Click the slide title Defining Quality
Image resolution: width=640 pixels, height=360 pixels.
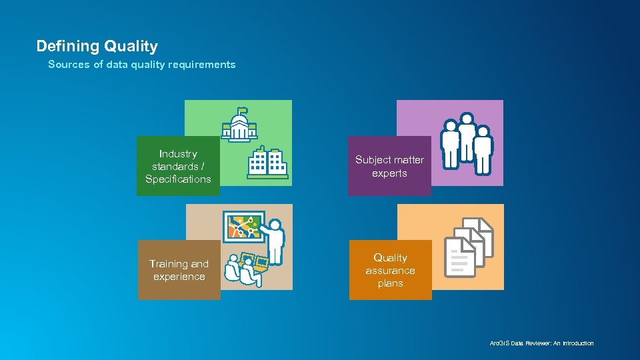[x=97, y=46]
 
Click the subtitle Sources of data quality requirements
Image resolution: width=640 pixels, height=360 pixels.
[x=141, y=65]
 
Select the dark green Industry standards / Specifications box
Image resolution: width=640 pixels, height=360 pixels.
[x=178, y=166]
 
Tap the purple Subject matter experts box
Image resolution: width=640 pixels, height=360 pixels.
[x=389, y=166]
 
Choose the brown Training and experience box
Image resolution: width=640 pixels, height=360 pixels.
[x=179, y=270]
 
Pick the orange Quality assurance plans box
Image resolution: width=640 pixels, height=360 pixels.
[x=390, y=270]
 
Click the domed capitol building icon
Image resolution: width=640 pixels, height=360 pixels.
[x=239, y=127]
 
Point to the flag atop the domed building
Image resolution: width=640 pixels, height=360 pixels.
[x=243, y=110]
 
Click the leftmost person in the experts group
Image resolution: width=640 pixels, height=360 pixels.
[x=451, y=143]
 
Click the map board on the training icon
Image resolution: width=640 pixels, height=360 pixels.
[x=243, y=227]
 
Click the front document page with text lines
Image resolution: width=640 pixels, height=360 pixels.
[x=459, y=257]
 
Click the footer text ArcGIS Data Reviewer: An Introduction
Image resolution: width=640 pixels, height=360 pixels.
[x=541, y=343]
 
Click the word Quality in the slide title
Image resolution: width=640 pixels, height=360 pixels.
[x=131, y=46]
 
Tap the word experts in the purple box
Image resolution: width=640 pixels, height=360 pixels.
[x=389, y=173]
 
